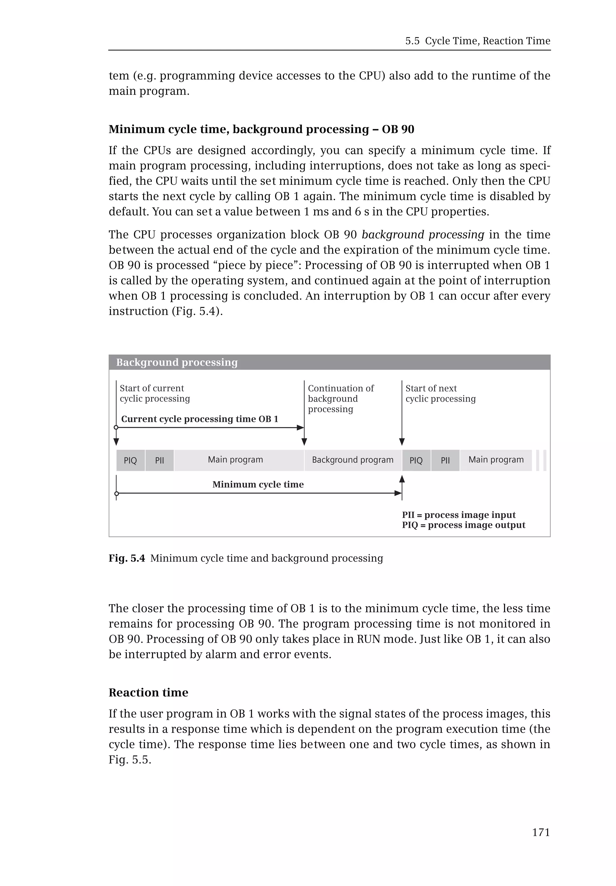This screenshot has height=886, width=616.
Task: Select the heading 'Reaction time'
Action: pos(148,692)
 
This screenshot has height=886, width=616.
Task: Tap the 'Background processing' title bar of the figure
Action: pos(329,362)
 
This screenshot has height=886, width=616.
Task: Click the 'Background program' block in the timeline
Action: pos(353,460)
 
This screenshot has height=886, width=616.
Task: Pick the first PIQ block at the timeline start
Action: pos(131,460)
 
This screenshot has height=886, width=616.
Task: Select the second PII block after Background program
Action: pos(445,460)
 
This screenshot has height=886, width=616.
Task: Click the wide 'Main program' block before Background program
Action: pos(236,460)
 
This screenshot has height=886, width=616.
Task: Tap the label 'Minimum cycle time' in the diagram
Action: pos(258,484)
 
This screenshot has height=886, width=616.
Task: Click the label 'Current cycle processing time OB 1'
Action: pos(199,419)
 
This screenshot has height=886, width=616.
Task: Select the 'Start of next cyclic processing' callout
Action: pos(440,393)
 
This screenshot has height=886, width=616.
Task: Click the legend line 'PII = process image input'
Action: pos(458,515)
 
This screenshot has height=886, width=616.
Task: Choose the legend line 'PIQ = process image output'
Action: pos(463,525)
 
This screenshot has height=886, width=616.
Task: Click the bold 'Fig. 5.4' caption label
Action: pos(127,558)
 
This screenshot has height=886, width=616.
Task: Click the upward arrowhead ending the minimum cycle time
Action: pos(402,479)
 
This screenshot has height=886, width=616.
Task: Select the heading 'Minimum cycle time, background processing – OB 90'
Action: pos(261,129)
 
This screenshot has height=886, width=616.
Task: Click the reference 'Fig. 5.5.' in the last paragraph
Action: pos(130,759)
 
